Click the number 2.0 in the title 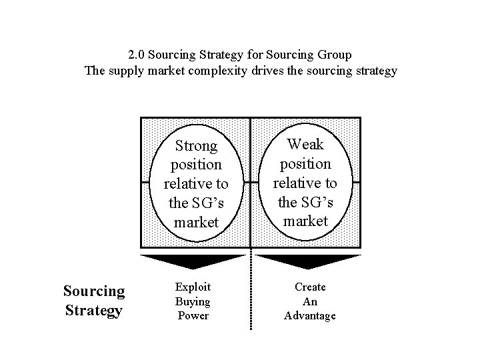[135, 53]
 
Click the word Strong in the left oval [196, 145]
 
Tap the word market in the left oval [196, 222]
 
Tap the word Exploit [193, 287]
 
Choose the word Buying [193, 301]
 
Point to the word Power [193, 315]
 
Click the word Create [310, 287]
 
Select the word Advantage [310, 315]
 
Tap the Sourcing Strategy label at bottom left [93, 301]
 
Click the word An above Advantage [310, 301]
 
